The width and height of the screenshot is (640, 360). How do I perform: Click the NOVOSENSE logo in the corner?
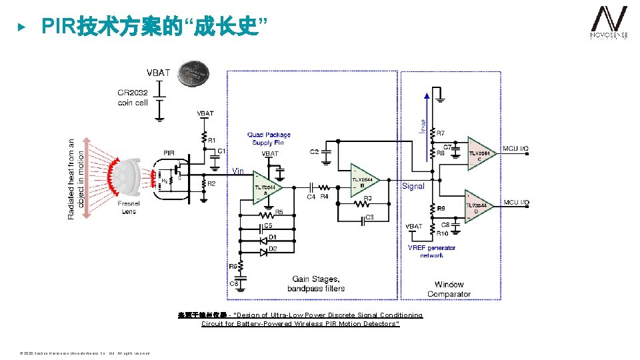click(609, 25)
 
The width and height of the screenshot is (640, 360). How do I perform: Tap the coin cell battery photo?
click(193, 73)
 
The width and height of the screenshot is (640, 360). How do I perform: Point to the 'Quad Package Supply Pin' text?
click(269, 139)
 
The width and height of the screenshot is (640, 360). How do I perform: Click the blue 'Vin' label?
click(239, 171)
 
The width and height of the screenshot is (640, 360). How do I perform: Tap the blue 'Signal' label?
click(413, 186)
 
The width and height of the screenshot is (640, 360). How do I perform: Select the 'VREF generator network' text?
click(431, 251)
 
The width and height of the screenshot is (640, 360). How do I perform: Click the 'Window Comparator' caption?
click(449, 289)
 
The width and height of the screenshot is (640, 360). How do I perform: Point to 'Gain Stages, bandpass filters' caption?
click(316, 283)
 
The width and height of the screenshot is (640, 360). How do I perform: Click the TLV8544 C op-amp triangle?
click(481, 154)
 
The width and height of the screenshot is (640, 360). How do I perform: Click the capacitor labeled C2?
click(326, 153)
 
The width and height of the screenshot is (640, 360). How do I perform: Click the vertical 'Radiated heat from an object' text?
click(76, 179)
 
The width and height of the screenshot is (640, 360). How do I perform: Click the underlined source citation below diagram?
click(300, 319)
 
